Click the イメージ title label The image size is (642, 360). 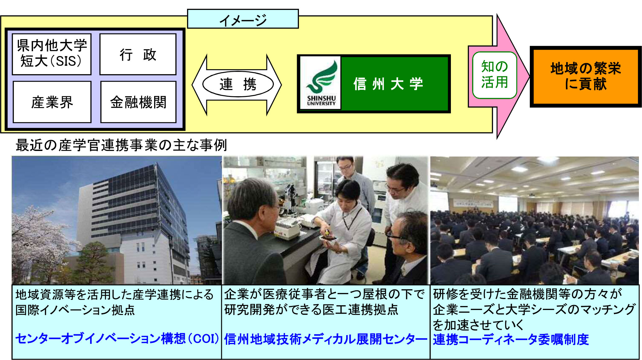click(x=243, y=19)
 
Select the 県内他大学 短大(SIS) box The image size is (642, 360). click(x=52, y=54)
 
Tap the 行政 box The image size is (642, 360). click(x=138, y=54)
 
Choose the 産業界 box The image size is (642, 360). click(x=52, y=102)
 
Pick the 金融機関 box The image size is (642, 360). click(x=138, y=102)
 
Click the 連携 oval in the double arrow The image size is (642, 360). click(x=238, y=84)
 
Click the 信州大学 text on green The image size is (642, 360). click(x=388, y=84)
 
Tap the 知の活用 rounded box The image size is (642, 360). click(x=494, y=75)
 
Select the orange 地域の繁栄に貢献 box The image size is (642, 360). click(x=586, y=76)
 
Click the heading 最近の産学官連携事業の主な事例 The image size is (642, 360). click(x=121, y=145)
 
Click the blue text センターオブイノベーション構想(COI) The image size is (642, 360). click(x=117, y=339)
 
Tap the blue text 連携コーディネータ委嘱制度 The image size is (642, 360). click(x=511, y=339)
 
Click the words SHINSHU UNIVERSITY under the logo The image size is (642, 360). click(x=321, y=101)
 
